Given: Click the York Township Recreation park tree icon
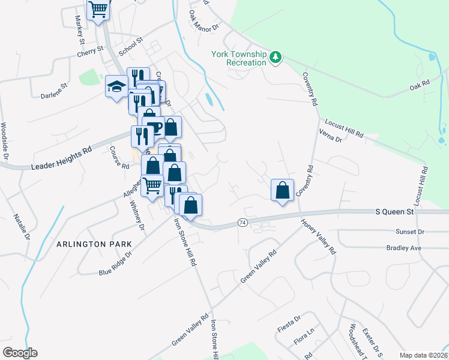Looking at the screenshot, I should point(276,57).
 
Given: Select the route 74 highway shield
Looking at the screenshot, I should point(243,222).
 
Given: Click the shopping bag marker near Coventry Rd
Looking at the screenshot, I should point(282,190).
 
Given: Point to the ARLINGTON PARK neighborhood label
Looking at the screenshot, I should point(89,245).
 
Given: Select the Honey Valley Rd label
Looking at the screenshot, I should point(318,236).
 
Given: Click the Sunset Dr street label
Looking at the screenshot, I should point(410,232).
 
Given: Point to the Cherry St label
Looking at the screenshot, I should point(91,53).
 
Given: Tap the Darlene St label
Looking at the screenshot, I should point(54,94).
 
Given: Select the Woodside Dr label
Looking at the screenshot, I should point(4,141).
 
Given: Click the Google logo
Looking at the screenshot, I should point(20,352).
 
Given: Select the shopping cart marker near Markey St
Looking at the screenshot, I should point(98,10).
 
